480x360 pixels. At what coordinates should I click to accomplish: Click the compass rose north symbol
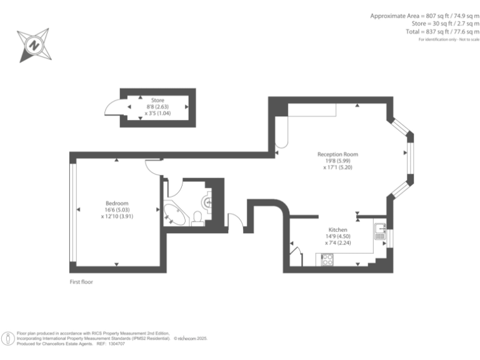coord(34,45)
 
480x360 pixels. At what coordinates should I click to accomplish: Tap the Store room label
coord(157,100)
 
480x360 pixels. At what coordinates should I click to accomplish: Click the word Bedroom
coord(117,203)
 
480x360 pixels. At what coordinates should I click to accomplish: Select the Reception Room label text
coord(337,154)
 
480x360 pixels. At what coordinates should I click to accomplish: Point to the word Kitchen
coord(338,230)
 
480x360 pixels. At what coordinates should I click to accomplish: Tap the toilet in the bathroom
coord(197,217)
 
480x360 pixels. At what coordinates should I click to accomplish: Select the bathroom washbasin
coord(209,201)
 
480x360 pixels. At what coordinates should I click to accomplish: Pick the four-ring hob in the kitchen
coord(327,259)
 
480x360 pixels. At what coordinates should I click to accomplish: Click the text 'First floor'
coord(82,282)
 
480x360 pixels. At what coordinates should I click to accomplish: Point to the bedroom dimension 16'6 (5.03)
coord(117,210)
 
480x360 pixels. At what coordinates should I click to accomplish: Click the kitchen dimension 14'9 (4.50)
coord(338,237)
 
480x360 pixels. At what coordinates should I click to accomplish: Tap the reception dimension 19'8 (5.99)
coord(337,161)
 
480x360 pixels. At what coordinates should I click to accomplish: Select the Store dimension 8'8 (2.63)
coord(157,107)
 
